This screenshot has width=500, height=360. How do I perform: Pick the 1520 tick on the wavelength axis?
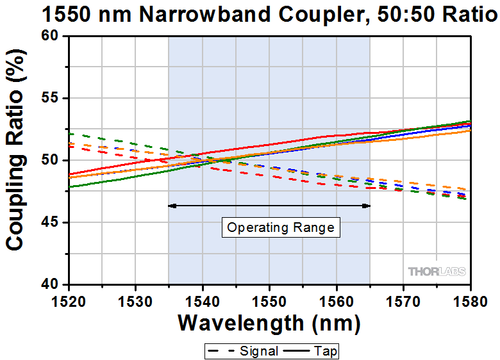[69, 298]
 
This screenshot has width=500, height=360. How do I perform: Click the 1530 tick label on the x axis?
[136, 298]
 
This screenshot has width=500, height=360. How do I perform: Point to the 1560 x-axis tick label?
[337, 298]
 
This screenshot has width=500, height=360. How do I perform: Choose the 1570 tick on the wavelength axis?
[403, 298]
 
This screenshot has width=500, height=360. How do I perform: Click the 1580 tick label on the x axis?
[470, 298]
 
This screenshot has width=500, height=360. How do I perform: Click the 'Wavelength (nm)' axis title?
[269, 323]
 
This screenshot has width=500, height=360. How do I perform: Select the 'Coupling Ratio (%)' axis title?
[17, 160]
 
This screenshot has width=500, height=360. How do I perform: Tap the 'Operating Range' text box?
[281, 227]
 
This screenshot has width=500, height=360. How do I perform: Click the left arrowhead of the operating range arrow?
[171, 206]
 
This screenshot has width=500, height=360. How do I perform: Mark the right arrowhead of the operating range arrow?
[367, 206]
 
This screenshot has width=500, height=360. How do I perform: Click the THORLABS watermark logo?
[437, 272]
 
